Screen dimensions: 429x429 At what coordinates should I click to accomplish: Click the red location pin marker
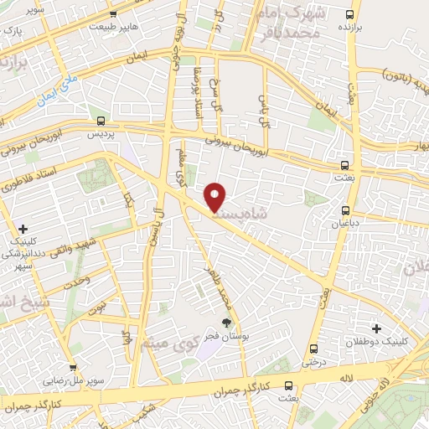pos(216,198)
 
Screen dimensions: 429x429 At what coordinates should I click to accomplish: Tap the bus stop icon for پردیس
pos(101,121)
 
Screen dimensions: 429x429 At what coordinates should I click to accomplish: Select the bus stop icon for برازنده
pos(351,14)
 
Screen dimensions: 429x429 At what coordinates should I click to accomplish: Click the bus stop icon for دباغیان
pos(346,210)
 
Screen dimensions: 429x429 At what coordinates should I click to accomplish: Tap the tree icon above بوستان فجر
pos(225,321)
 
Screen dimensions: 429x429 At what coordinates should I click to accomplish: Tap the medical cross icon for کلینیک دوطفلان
pos(376,328)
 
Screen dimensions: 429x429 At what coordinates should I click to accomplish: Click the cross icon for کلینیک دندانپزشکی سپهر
pos(23,228)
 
